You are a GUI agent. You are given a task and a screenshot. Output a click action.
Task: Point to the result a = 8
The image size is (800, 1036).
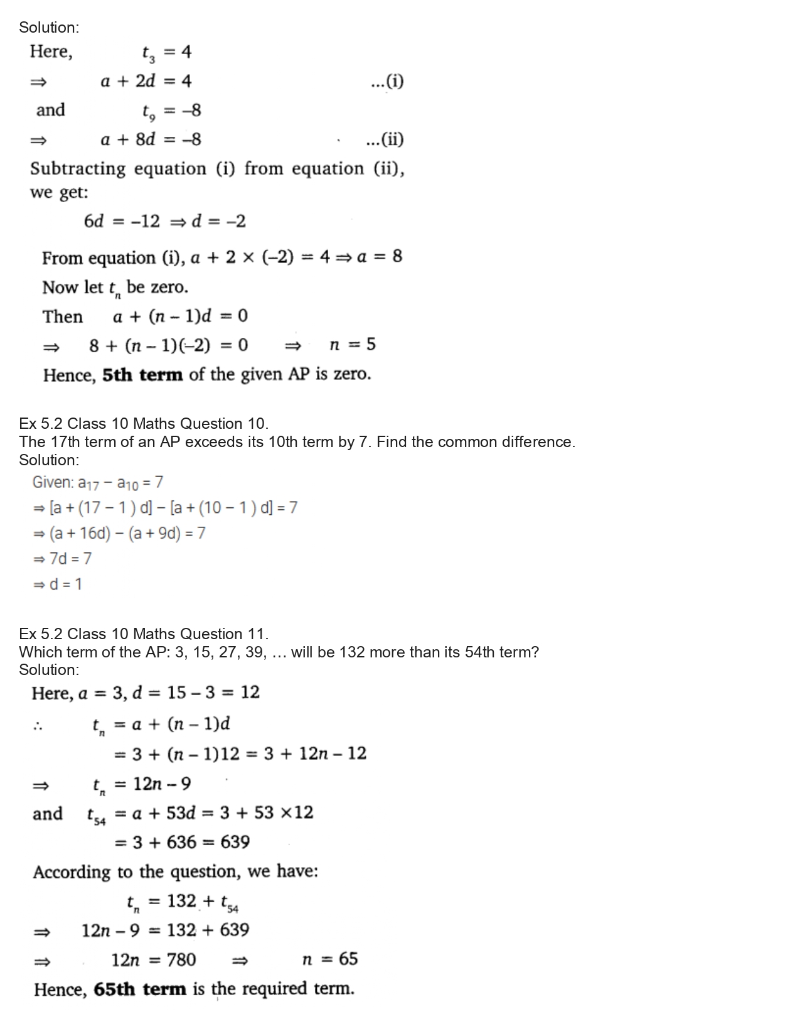click(x=380, y=257)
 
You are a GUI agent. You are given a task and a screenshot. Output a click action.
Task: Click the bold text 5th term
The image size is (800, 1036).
click(x=142, y=375)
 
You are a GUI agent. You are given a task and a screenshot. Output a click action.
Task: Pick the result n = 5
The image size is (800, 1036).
click(x=353, y=345)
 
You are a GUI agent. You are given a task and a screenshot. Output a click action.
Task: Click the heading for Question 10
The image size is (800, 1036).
click(x=144, y=424)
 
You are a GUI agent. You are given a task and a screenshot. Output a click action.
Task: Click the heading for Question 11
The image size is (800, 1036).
click(x=144, y=634)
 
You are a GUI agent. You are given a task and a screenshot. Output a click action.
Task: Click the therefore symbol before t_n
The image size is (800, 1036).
click(x=38, y=727)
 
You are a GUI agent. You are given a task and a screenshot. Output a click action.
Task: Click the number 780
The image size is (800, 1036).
click(x=181, y=960)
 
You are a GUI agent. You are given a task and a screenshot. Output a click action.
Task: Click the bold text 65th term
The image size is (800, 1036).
click(x=140, y=990)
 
